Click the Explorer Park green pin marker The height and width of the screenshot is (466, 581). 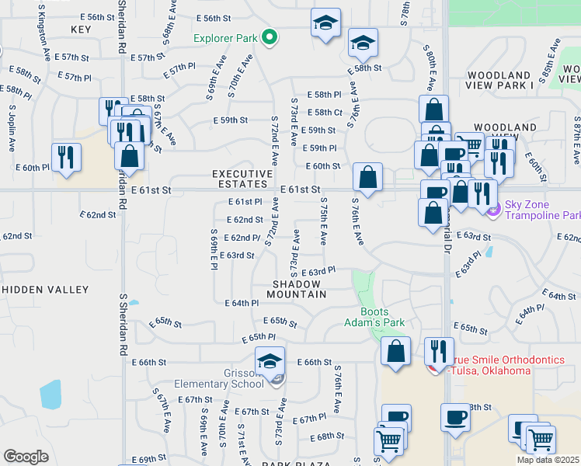270,36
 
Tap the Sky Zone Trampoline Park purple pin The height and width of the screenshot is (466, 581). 492,208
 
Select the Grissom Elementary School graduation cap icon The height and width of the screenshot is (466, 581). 270,361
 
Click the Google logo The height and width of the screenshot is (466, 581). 25,456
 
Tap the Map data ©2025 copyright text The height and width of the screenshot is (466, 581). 547,460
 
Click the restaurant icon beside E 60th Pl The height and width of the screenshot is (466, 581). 65,157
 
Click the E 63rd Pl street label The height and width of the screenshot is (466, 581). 318,271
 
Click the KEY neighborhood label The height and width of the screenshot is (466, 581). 81,30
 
